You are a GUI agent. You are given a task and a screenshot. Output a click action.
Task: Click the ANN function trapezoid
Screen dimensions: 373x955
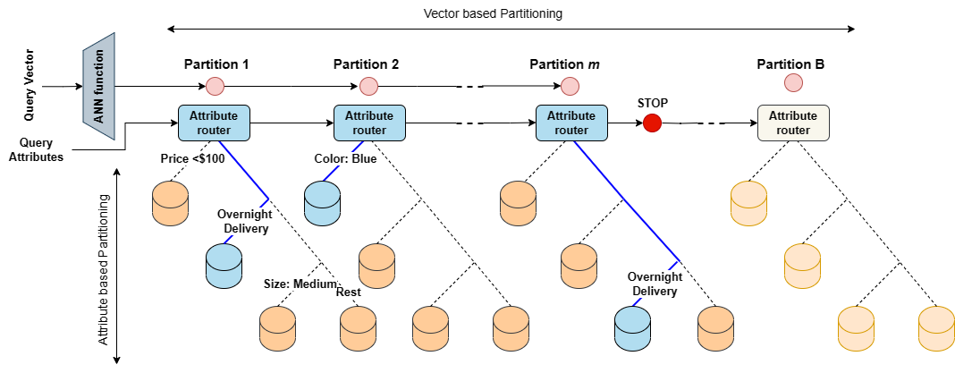(x=98, y=86)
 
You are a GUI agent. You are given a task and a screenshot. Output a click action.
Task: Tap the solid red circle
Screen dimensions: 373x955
(x=652, y=123)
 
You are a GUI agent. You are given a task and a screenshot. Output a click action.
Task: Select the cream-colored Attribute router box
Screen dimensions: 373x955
(x=793, y=123)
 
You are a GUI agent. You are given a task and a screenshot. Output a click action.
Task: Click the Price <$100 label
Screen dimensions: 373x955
(x=192, y=158)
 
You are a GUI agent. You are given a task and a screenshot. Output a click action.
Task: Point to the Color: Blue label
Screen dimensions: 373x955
(x=345, y=159)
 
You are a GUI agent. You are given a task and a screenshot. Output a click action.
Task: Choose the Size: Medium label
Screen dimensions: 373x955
(x=300, y=284)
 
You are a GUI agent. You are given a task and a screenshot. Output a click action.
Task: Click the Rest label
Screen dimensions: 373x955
(x=348, y=292)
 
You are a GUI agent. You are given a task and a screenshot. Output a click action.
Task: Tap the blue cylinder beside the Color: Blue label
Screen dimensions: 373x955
(x=323, y=203)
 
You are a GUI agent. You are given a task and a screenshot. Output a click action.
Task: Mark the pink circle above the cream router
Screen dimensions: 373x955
(x=793, y=83)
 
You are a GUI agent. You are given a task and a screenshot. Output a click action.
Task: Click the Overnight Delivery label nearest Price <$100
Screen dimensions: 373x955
(x=245, y=221)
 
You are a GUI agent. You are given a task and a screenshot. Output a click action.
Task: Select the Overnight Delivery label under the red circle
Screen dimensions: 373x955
(x=655, y=284)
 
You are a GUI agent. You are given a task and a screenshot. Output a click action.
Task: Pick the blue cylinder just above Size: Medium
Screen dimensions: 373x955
(x=224, y=266)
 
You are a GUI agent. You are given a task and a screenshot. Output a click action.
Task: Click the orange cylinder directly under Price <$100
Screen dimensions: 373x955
(x=170, y=203)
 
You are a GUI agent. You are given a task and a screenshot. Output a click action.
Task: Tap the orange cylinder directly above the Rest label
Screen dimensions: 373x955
(x=376, y=266)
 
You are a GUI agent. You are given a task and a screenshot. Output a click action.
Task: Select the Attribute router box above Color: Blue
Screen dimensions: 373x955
(x=368, y=123)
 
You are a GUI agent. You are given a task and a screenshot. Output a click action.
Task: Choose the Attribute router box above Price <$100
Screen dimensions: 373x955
(x=214, y=123)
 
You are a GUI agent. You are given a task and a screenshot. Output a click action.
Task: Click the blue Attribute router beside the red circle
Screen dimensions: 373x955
(x=570, y=123)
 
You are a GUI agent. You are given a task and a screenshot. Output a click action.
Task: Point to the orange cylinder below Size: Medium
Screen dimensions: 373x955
(x=277, y=328)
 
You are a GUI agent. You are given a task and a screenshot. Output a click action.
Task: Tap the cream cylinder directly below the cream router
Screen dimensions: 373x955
(x=749, y=203)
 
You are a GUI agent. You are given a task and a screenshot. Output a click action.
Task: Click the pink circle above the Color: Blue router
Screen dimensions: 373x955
(x=368, y=86)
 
